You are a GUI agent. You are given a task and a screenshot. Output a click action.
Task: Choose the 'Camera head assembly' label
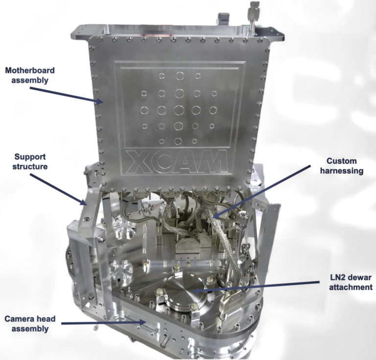pyautogui.click(x=30, y=324)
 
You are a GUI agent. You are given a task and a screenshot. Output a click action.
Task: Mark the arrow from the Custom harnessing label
pyautogui.click(x=265, y=191)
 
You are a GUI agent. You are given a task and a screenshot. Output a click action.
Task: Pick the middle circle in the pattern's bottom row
pyautogui.click(x=178, y=142)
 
